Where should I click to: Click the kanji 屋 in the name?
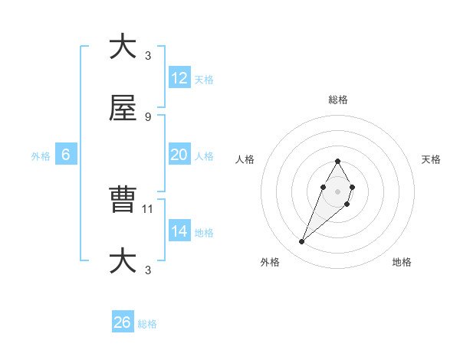tap(123, 109)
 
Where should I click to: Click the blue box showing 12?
tap(179, 78)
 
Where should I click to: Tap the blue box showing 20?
tap(179, 155)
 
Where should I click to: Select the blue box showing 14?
tap(179, 231)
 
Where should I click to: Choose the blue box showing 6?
tap(66, 155)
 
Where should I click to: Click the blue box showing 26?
tap(123, 322)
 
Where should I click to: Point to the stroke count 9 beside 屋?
tap(148, 116)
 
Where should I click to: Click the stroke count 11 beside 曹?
tap(149, 208)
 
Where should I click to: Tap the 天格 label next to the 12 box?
tap(204, 79)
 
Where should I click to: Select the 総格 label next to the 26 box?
tap(147, 324)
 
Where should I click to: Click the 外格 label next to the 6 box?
tap(41, 155)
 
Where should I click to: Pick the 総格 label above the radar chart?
tap(338, 100)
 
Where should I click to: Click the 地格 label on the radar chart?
tap(402, 262)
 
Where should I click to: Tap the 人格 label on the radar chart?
tap(245, 159)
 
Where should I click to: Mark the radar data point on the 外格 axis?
tap(301, 242)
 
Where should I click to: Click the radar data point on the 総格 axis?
tap(338, 161)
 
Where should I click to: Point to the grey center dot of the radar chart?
tap(338, 190)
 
